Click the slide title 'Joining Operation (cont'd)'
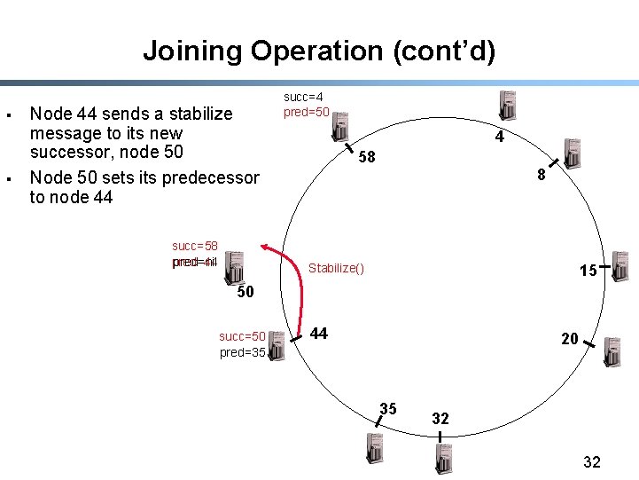point(319,51)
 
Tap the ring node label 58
point(367,158)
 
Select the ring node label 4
point(500,138)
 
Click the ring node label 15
point(588,271)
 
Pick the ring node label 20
point(569,338)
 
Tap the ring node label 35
point(388,409)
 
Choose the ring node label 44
point(319,334)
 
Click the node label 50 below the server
point(245,292)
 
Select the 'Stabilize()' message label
point(336,268)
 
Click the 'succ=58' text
point(195,246)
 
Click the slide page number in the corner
point(592,461)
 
